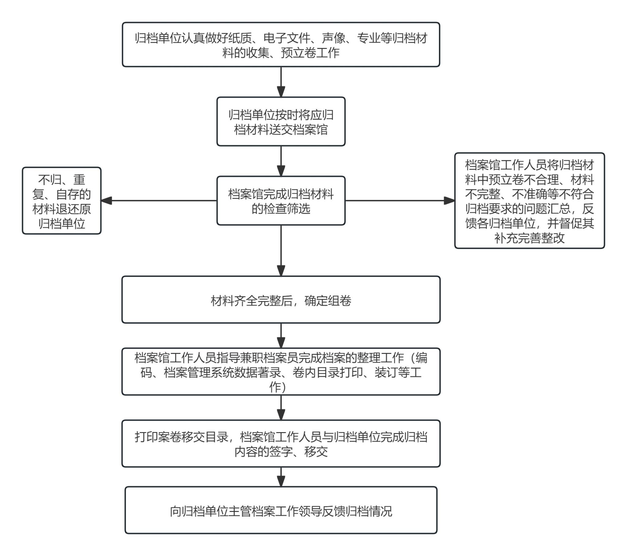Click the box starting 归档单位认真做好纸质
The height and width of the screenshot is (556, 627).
coord(281,44)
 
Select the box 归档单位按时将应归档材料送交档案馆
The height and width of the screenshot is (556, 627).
coord(281,122)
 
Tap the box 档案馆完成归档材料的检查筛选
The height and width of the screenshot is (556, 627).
coord(281,201)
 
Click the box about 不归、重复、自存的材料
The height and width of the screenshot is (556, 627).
coord(62,201)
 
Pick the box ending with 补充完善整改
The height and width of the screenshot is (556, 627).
coord(529,201)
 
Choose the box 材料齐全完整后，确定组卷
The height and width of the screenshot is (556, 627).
coord(281,300)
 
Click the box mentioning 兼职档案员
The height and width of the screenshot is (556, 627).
coord(281,372)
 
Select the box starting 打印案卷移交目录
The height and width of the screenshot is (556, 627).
coord(281,443)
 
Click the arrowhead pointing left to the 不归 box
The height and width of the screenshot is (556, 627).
coord(107,201)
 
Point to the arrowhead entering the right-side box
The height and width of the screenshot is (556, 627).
coord(449,201)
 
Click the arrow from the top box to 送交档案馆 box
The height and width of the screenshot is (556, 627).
coord(281,82)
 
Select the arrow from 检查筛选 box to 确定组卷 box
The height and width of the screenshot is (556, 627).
coord(281,251)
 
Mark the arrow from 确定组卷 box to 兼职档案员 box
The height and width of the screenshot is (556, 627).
coord(281,335)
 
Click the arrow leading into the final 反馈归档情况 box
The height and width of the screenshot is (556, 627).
coord(281,477)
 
